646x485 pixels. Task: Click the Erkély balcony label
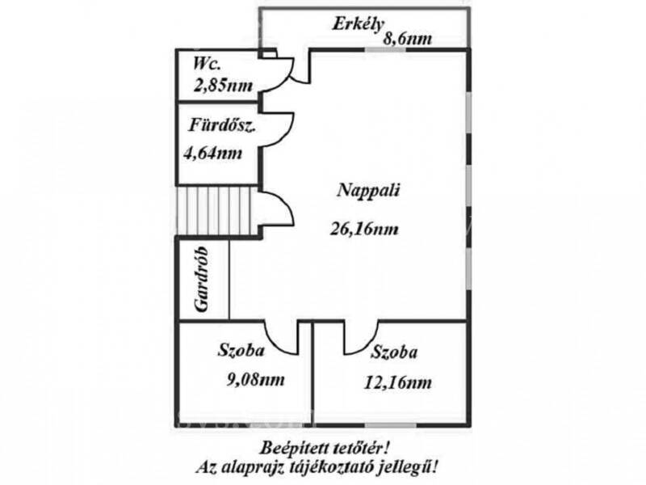click(358, 25)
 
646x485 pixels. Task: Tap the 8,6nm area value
click(408, 38)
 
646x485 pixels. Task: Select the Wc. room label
click(207, 64)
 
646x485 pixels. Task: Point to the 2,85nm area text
click(223, 86)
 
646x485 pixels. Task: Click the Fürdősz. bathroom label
click(223, 125)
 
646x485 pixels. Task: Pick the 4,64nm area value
click(212, 154)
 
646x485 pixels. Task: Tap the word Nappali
click(369, 192)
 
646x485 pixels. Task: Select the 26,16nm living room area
click(364, 229)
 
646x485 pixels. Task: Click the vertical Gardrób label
click(201, 279)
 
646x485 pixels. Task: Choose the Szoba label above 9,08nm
click(241, 350)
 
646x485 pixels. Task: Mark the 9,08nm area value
click(256, 379)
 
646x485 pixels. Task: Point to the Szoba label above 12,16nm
click(394, 352)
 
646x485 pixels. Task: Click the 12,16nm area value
click(398, 382)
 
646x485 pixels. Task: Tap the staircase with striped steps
click(214, 210)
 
